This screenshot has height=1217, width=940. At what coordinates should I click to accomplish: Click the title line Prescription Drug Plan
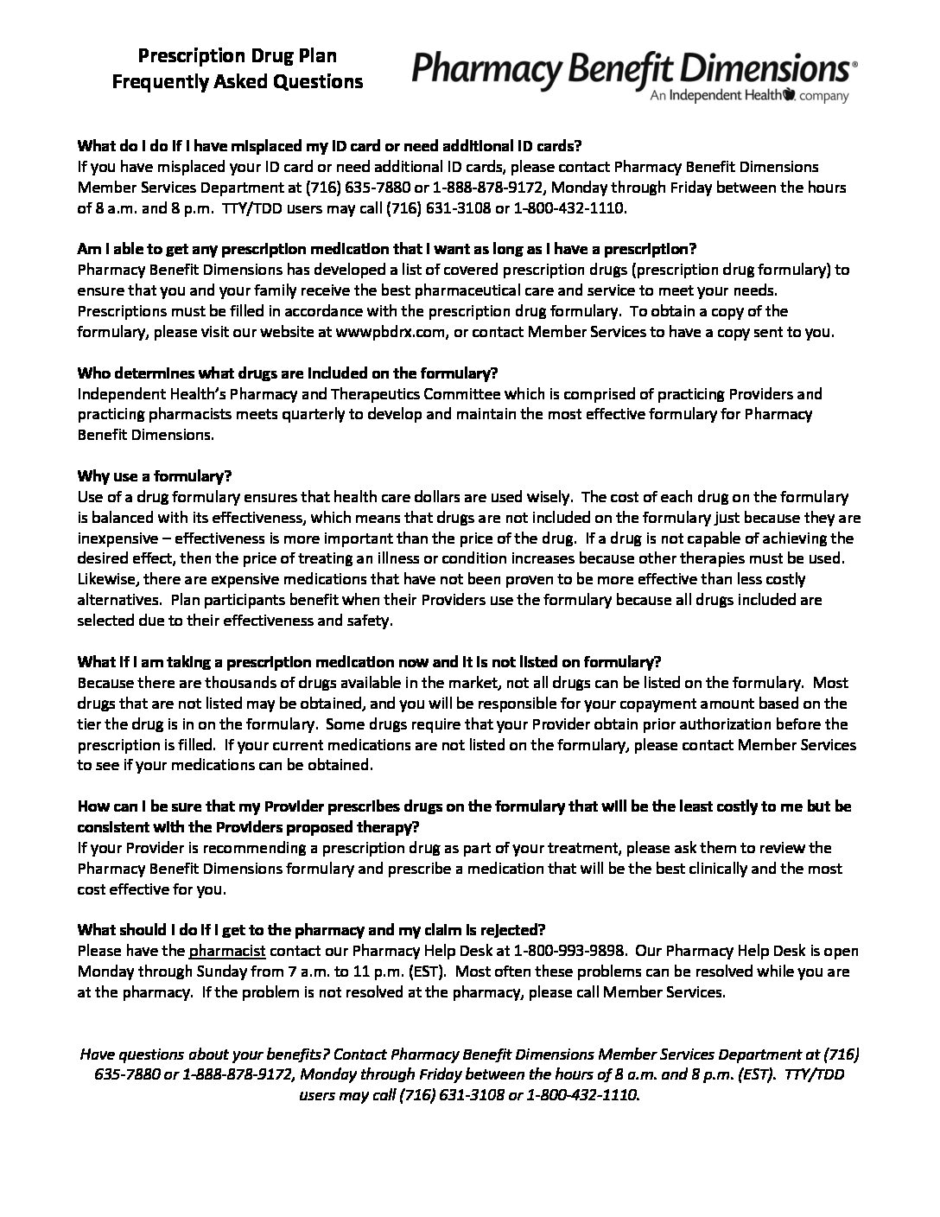pos(238,56)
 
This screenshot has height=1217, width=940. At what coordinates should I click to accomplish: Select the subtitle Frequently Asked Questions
pos(238,82)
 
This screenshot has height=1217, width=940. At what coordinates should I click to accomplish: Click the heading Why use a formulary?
pos(155,476)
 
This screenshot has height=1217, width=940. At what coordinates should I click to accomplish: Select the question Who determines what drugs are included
pos(288,373)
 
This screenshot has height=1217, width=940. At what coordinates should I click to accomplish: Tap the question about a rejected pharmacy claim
pos(311,930)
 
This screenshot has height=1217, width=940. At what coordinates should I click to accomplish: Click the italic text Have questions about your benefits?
pos(204,1055)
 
